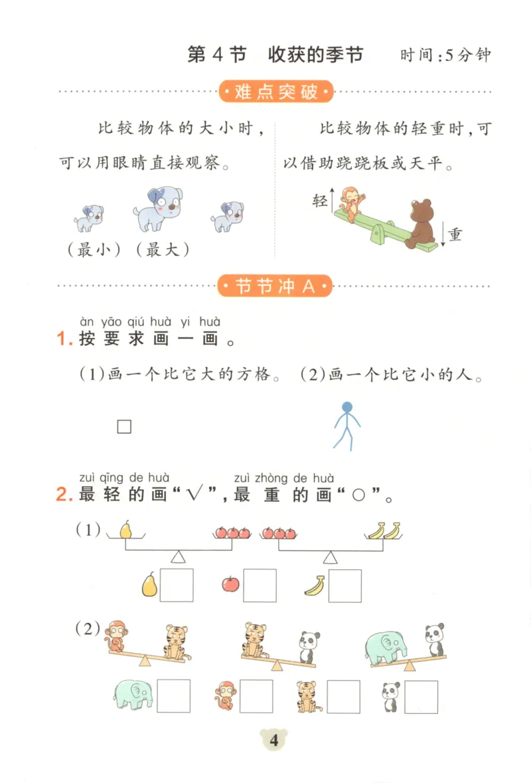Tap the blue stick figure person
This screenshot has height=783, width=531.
click(x=345, y=426)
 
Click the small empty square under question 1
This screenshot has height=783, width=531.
click(x=124, y=426)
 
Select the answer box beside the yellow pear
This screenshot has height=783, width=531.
click(x=177, y=585)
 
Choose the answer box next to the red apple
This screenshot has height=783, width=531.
click(x=260, y=585)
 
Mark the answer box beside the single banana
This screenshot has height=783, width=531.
click(x=345, y=585)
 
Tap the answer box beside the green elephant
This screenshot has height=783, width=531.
click(x=174, y=695)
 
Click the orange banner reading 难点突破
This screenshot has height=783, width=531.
click(x=276, y=92)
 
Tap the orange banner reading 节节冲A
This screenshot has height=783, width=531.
click(x=276, y=287)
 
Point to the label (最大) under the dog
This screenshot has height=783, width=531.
click(x=161, y=250)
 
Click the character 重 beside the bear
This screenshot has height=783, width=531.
click(x=455, y=234)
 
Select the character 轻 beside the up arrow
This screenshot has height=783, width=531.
click(x=320, y=201)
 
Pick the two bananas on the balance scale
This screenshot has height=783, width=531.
click(x=384, y=530)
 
